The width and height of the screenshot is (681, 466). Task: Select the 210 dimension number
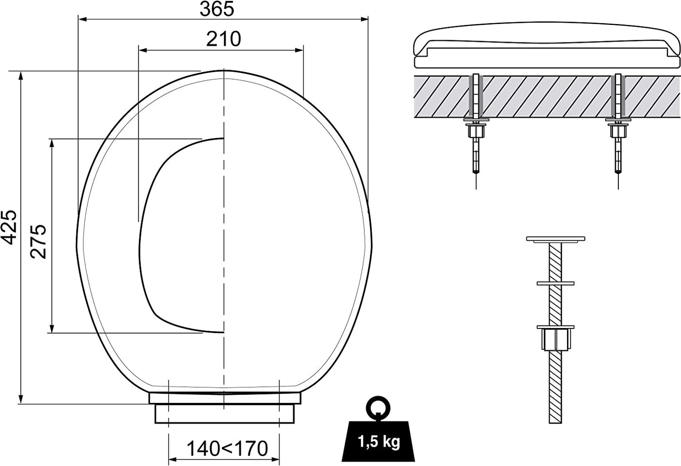pyautogui.click(x=223, y=39)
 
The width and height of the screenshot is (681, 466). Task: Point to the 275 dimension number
pyautogui.click(x=38, y=241)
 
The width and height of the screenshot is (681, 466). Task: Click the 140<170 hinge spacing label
pyautogui.click(x=227, y=449)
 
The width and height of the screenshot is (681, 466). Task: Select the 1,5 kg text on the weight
pyautogui.click(x=379, y=441)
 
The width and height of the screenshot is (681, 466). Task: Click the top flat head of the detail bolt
pyautogui.click(x=555, y=239)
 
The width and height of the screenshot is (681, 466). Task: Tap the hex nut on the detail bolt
pyautogui.click(x=556, y=337)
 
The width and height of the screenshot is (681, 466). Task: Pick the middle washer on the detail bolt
pyautogui.click(x=556, y=283)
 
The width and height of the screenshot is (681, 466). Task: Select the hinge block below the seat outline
pyautogui.click(x=224, y=408)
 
